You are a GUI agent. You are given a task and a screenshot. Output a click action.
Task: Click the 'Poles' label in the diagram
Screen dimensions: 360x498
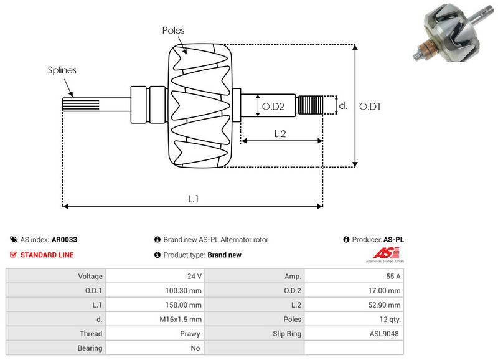pyautogui.click(x=173, y=30)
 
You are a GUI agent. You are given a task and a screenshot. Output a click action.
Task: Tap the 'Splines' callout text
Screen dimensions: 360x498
pyautogui.click(x=62, y=70)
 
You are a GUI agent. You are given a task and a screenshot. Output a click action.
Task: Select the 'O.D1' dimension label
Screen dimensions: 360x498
pyautogui.click(x=370, y=106)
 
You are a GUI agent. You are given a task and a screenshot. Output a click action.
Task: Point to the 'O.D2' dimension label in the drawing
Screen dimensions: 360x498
pyautogui.click(x=273, y=107)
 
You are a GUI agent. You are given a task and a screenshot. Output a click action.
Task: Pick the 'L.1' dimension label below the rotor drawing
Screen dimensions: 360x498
pyautogui.click(x=193, y=199)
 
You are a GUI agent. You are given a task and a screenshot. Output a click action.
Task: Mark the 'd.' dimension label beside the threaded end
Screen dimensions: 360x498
pyautogui.click(x=342, y=106)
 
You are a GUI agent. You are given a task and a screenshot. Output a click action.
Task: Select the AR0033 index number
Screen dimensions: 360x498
pyautogui.click(x=65, y=239)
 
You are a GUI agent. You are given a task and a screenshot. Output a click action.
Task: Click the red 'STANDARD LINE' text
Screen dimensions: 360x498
pyautogui.click(x=47, y=255)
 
